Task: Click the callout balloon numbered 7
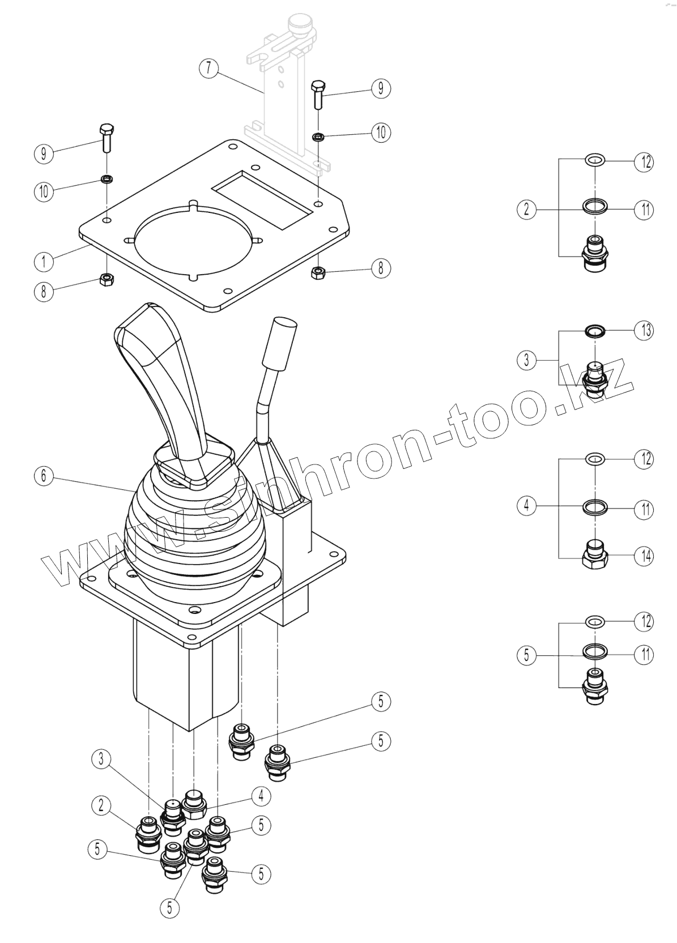click(x=208, y=69)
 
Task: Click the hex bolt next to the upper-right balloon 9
click(x=318, y=95)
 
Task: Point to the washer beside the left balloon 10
click(x=106, y=180)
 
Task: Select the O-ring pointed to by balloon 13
click(x=594, y=330)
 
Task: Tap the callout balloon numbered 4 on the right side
click(x=526, y=506)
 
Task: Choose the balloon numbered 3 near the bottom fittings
click(x=101, y=759)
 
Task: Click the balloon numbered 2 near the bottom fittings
click(x=101, y=805)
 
